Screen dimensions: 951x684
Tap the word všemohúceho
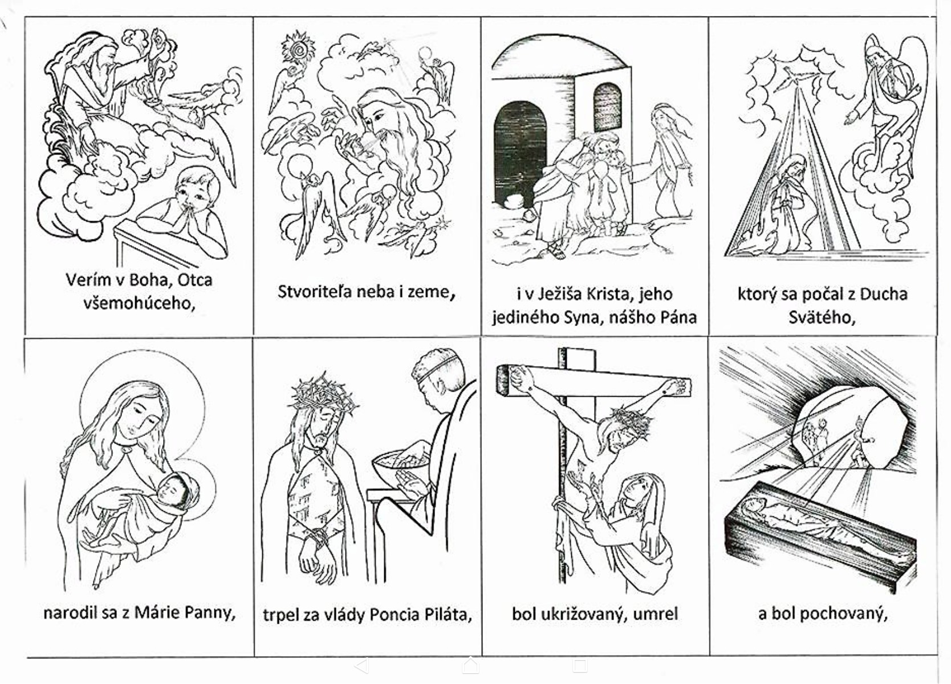[139, 303]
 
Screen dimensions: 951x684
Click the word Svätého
[822, 317]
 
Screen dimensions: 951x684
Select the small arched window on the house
[607, 107]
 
